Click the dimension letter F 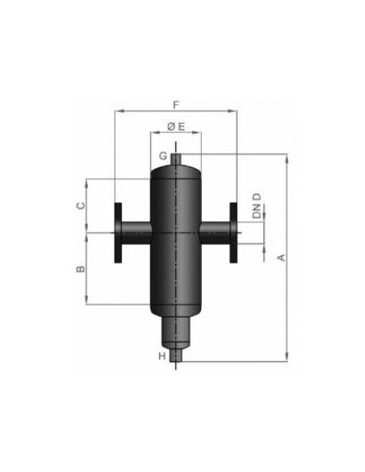pos(176,105)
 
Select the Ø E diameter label pos(176,127)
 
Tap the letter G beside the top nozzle pos(163,156)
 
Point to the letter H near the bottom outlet pos(162,356)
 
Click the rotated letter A pos(281,258)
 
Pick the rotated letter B pos(80,269)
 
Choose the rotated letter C pos(81,205)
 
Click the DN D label pos(257,206)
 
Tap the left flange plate pos(118,233)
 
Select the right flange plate pos(233,233)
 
